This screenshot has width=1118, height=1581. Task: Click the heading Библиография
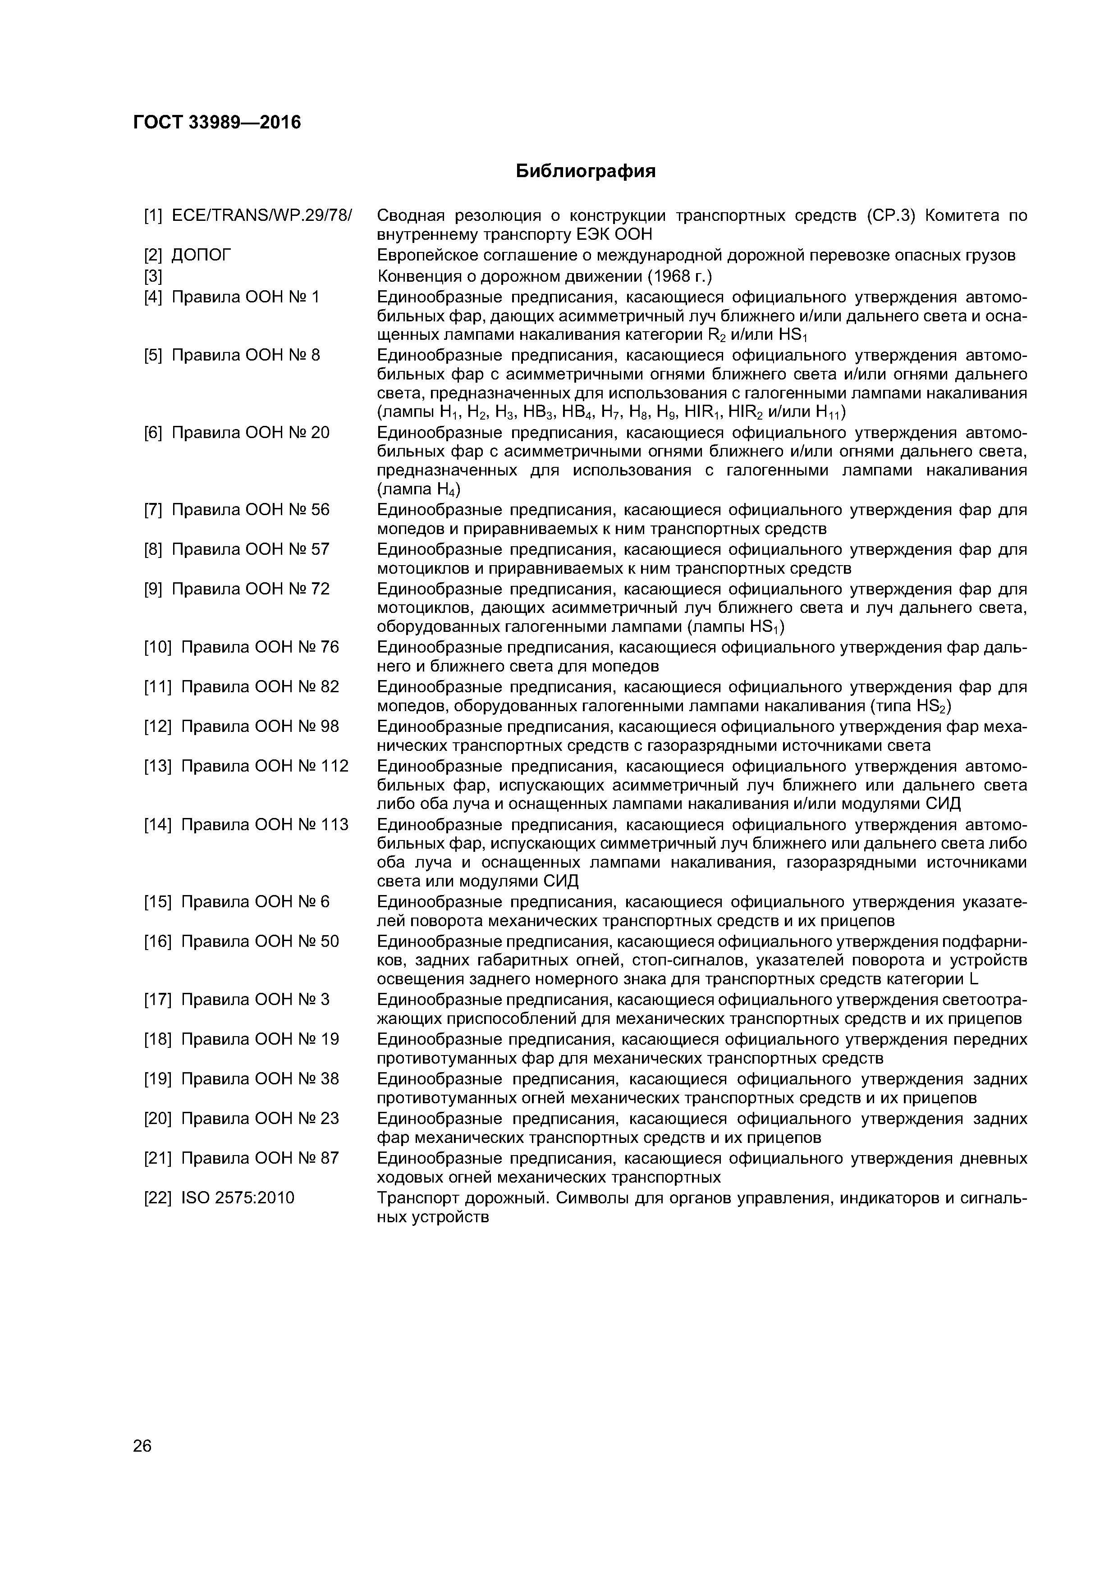[x=586, y=171]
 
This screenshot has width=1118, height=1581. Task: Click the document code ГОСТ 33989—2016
[x=217, y=123]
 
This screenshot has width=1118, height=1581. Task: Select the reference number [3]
[x=153, y=277]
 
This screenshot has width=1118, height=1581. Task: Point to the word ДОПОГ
[x=201, y=256]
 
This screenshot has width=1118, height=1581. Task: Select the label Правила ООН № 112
[x=265, y=766]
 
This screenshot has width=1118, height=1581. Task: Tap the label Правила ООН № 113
[x=265, y=824]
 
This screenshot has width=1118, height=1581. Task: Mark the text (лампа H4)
[x=419, y=489]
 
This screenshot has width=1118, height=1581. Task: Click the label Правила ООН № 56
[x=250, y=510]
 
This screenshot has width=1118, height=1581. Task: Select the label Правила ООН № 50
[x=260, y=941]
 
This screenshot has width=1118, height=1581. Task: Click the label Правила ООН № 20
[x=250, y=433]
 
